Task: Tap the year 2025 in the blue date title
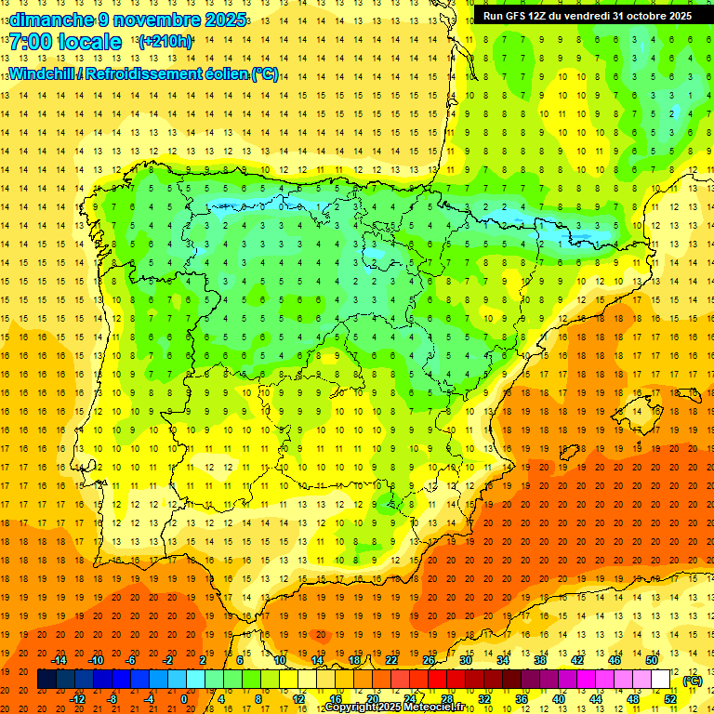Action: (221, 20)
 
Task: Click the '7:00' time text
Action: (33, 42)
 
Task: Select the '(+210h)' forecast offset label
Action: (165, 42)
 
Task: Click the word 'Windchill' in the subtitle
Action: (42, 74)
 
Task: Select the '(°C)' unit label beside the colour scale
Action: (692, 681)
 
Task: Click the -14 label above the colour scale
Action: (59, 660)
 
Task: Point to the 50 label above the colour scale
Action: (652, 660)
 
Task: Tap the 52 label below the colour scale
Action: (670, 699)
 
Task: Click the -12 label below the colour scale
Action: (78, 699)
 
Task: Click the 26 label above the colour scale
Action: (429, 660)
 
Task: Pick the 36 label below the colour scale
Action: (522, 699)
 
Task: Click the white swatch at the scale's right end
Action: (661, 680)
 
